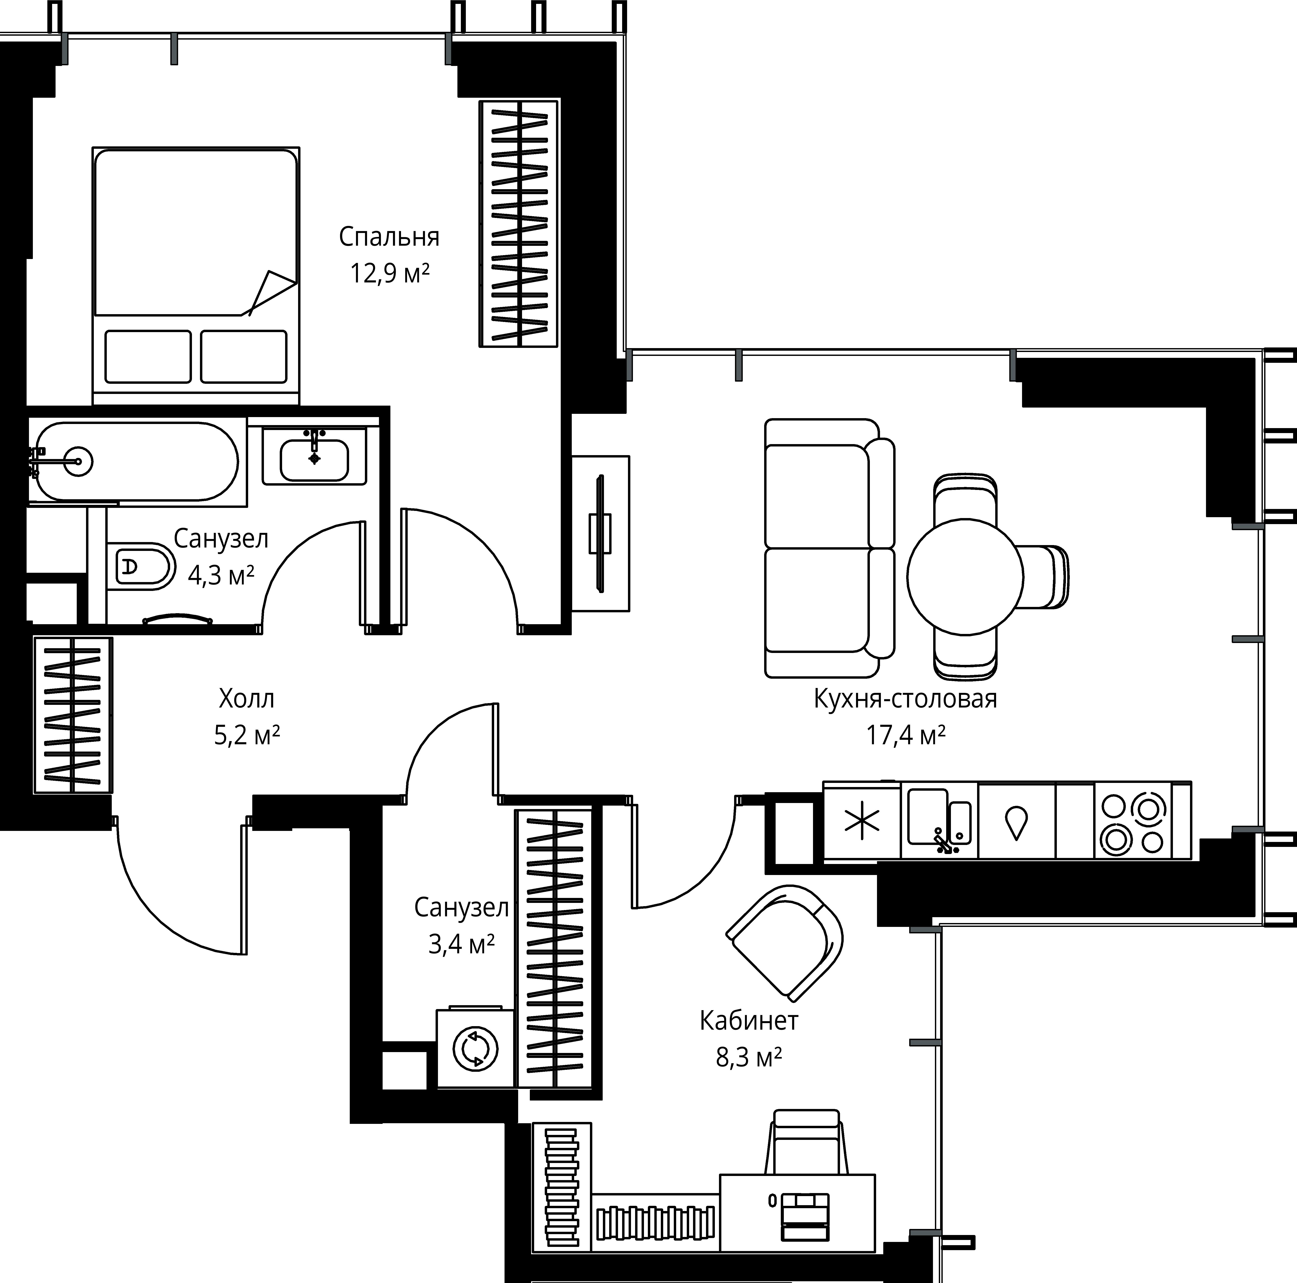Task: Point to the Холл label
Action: click(246, 699)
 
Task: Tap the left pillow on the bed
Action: click(148, 357)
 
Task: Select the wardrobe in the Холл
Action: click(73, 714)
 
